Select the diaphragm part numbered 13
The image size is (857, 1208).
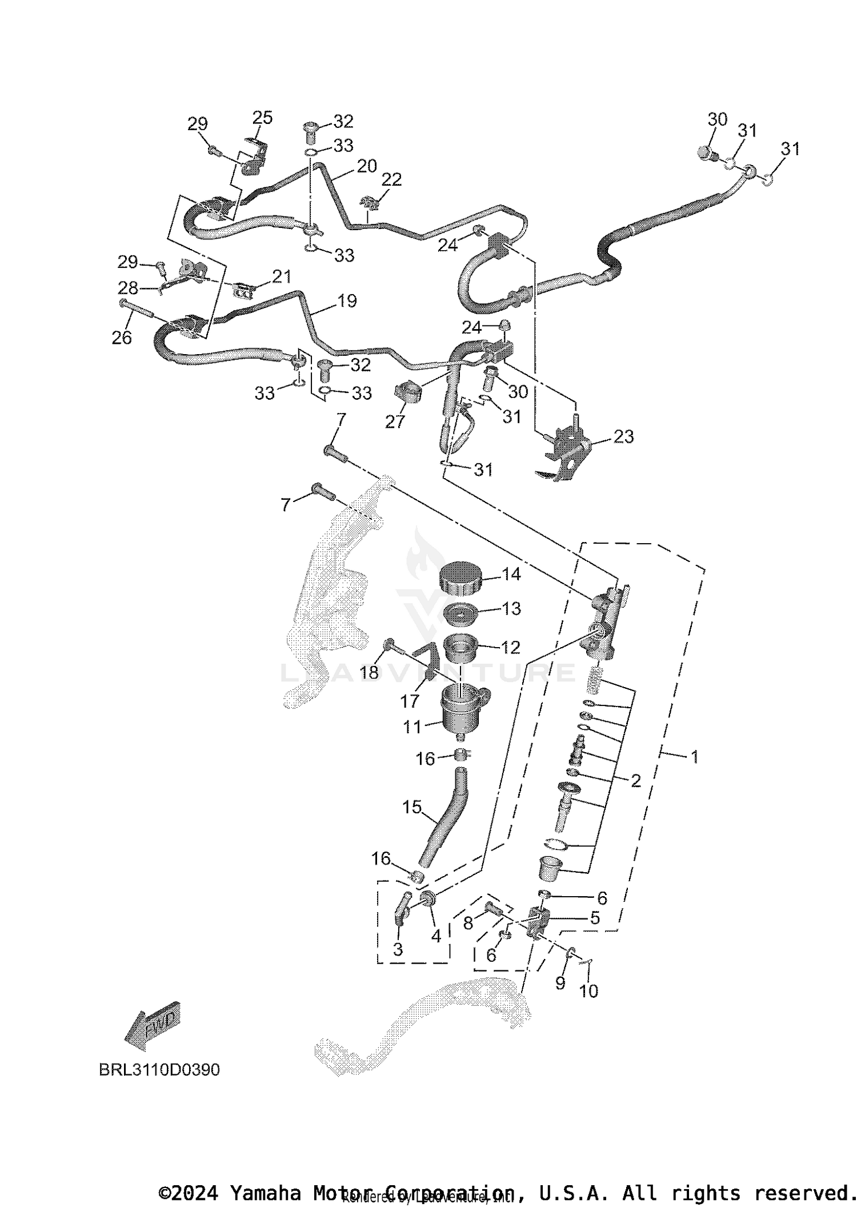tap(460, 615)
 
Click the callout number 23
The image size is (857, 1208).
tap(623, 437)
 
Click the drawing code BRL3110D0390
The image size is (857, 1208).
tap(159, 1070)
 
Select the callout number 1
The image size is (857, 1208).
tap(694, 757)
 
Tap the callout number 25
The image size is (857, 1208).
tap(262, 118)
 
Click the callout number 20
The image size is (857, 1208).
tap(367, 166)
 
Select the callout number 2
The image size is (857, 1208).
tap(635, 781)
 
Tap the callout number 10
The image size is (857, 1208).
tap(588, 990)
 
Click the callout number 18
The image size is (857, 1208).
tap(369, 672)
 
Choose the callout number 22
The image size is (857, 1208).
tap(391, 179)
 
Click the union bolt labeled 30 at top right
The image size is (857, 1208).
tap(707, 152)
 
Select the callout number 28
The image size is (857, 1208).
tap(129, 287)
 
